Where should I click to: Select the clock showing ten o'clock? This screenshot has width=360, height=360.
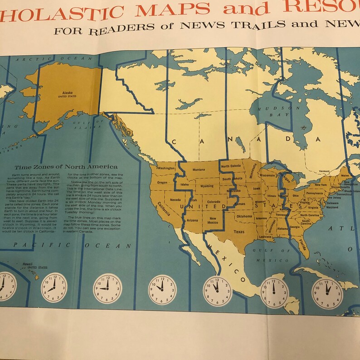[x=162, y=289]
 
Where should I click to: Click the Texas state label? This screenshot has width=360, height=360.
[x=238, y=231]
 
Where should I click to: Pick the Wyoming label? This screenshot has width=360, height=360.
[x=207, y=186]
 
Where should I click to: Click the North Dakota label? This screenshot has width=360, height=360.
[x=231, y=166]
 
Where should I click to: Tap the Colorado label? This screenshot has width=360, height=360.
[x=214, y=201]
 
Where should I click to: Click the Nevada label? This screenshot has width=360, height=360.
[x=175, y=199]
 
